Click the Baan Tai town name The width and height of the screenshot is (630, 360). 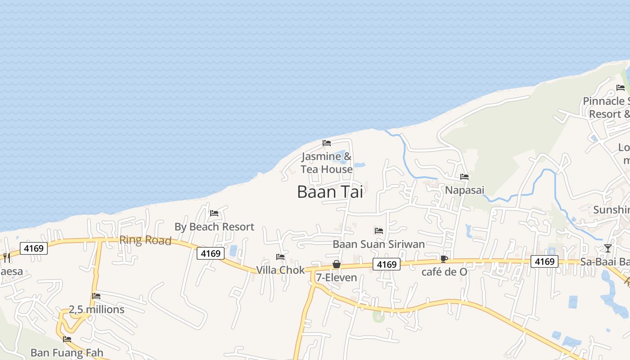tap(330, 192)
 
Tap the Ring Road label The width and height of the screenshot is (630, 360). tap(145, 240)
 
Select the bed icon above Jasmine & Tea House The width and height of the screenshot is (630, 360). tap(327, 143)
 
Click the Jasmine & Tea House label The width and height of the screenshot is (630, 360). tap(327, 163)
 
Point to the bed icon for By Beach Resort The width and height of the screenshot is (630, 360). tap(214, 213)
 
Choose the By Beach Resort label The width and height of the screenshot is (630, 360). tap(214, 227)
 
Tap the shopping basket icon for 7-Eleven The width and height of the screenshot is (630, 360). tap(336, 264)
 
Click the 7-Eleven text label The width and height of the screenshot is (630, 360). tap(336, 278)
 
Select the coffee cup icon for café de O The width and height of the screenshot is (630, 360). tap(444, 259)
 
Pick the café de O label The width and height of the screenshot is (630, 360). tap(444, 272)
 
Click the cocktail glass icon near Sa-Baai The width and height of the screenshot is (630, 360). tap(608, 248)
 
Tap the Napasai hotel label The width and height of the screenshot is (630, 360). tap(464, 190)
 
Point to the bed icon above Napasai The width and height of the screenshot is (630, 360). tap(464, 177)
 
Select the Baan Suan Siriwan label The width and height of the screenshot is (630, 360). tap(378, 244)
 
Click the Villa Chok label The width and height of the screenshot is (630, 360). tap(280, 270)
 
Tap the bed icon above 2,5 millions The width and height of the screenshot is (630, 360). tap(96, 296)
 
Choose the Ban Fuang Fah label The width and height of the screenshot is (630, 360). tap(67, 352)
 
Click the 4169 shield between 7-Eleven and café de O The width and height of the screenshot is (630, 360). tap(387, 265)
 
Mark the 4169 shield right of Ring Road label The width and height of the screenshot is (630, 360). tap(211, 253)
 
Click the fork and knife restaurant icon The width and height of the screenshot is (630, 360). tap(6, 257)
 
